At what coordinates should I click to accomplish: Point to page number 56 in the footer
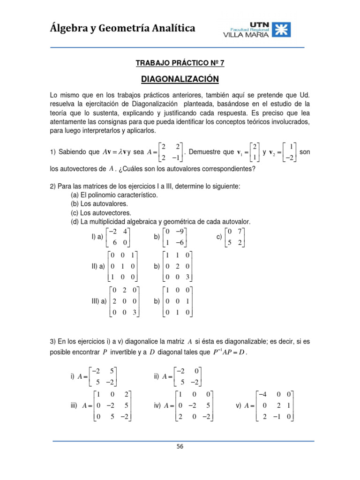click(x=180, y=447)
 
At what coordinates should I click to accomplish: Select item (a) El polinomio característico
click(x=114, y=195)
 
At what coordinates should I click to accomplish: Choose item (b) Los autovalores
click(x=99, y=203)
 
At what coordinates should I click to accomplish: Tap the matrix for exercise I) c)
click(x=234, y=237)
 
